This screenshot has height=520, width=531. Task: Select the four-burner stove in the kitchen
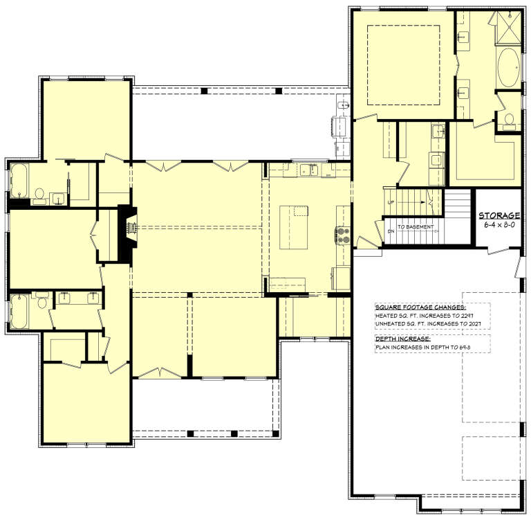(x=342, y=236)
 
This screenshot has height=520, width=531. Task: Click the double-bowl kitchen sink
(x=308, y=169)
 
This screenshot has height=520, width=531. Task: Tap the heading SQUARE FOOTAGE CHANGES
(x=420, y=307)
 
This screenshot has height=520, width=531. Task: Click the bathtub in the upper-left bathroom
(x=17, y=181)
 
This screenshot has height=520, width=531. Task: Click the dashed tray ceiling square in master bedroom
(x=402, y=62)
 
